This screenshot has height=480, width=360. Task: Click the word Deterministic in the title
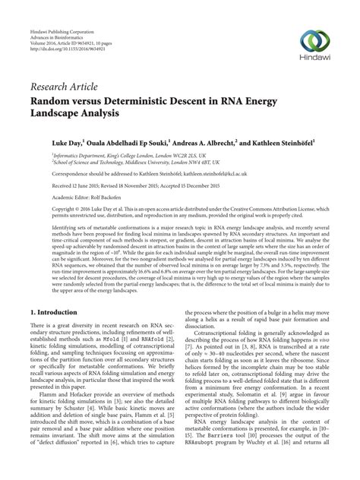pyautogui.click(x=154, y=100)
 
